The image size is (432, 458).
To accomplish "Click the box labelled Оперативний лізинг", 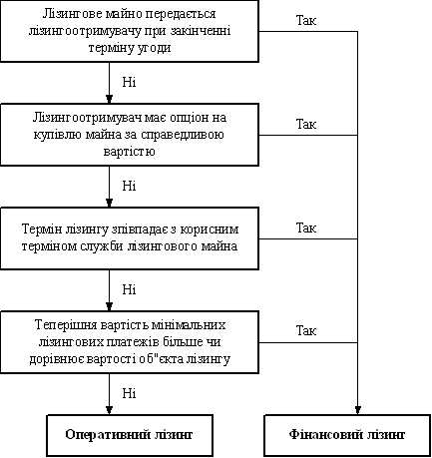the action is click(x=130, y=435).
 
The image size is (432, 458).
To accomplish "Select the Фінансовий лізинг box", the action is click(x=347, y=435).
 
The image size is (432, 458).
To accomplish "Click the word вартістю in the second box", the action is click(x=130, y=152).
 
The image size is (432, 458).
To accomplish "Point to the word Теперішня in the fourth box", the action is click(x=61, y=324).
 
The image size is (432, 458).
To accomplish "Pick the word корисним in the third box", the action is click(x=212, y=229).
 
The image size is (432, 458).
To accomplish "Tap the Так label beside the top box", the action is click(x=306, y=20).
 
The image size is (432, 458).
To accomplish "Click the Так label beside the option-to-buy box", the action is click(x=306, y=124).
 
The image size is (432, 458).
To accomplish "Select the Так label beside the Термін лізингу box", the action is click(x=306, y=228).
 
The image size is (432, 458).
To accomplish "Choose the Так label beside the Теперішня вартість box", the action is click(x=306, y=331).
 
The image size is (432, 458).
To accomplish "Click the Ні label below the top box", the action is click(x=129, y=82).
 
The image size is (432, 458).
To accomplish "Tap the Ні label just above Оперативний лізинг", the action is click(x=129, y=393).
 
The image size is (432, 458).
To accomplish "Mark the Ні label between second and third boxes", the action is click(x=129, y=186).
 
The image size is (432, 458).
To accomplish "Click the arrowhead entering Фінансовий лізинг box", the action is click(x=357, y=410).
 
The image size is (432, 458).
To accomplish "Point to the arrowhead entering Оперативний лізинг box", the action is click(x=109, y=410).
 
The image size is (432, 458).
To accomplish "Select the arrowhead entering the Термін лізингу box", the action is click(x=109, y=203).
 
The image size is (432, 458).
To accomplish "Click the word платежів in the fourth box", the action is click(x=131, y=342).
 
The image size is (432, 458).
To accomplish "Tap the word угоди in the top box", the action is click(x=155, y=48).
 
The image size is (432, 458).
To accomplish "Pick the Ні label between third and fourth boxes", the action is click(x=129, y=289).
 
